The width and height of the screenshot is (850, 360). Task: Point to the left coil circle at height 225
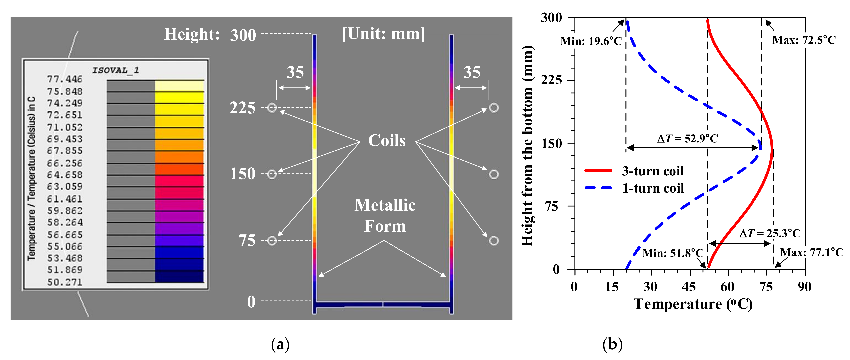click(272, 108)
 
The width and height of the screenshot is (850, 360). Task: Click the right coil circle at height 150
click(494, 174)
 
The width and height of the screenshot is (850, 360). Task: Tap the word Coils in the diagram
click(387, 141)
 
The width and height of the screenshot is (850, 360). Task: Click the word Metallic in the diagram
click(385, 205)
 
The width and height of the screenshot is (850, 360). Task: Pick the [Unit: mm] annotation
click(383, 34)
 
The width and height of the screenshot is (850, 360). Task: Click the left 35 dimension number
click(295, 72)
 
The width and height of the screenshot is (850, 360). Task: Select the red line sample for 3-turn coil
click(598, 171)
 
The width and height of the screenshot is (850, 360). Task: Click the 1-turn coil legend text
click(653, 188)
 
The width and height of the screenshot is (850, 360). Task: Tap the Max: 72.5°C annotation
click(804, 40)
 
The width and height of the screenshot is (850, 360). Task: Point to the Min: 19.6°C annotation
click(591, 41)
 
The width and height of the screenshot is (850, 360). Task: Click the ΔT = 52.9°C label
click(687, 138)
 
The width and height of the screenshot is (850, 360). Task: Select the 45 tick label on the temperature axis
click(689, 287)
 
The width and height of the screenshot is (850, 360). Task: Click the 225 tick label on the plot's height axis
click(551, 80)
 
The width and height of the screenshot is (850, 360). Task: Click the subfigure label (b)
click(612, 344)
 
